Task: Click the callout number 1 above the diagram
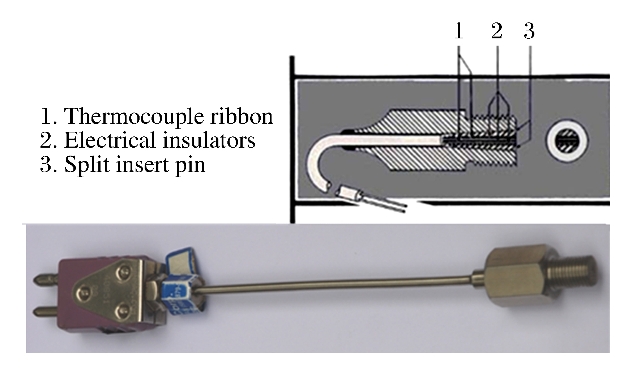(458, 31)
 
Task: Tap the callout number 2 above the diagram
(497, 31)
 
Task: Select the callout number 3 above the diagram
(529, 31)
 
